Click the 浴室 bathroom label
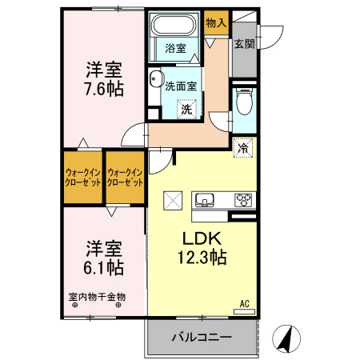pos(175,49)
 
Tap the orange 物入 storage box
pos(216,24)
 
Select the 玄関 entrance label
pos(245,44)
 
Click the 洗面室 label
pos(181,87)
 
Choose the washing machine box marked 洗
pos(186,110)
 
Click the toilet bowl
pos(245,102)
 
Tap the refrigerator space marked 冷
pos(244,147)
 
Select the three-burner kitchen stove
pos(243,200)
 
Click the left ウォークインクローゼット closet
pos(83,176)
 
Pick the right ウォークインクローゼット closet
pos(126,176)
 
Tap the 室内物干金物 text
pos(97,297)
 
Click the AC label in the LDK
pos(246,303)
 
